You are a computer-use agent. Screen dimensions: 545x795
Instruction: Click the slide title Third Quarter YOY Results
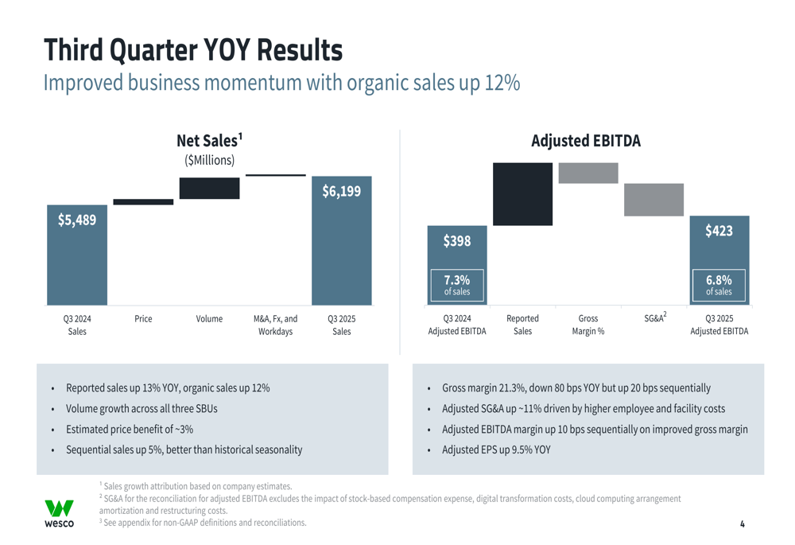pos(192,49)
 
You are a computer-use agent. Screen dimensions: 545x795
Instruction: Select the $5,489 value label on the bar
pos(76,220)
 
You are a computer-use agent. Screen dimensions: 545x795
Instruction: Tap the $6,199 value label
pos(341,191)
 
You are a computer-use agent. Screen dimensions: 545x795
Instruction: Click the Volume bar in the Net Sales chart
pos(209,189)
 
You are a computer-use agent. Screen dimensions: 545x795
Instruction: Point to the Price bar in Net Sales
pos(143,202)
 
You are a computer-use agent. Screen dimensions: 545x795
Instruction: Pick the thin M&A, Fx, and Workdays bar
pos(275,175)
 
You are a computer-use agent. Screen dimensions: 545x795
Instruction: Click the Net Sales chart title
pos(209,141)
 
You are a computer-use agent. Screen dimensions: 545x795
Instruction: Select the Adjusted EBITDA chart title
pos(585,141)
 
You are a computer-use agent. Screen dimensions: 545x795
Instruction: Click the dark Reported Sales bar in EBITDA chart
pos(522,194)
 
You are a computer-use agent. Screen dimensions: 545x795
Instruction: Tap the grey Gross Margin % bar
pos(588,173)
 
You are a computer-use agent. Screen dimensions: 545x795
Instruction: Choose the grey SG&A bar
pos(653,200)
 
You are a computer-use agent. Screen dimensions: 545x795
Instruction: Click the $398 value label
pos(457,241)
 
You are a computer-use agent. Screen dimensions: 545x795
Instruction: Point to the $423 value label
pos(719,231)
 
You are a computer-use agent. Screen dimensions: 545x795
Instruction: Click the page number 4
pos(742,524)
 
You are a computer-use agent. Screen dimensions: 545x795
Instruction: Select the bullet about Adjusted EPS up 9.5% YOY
pos(496,450)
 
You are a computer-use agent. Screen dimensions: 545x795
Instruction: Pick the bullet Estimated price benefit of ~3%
pos(130,429)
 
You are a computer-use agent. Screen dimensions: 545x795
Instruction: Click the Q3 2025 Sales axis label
pos(341,325)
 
